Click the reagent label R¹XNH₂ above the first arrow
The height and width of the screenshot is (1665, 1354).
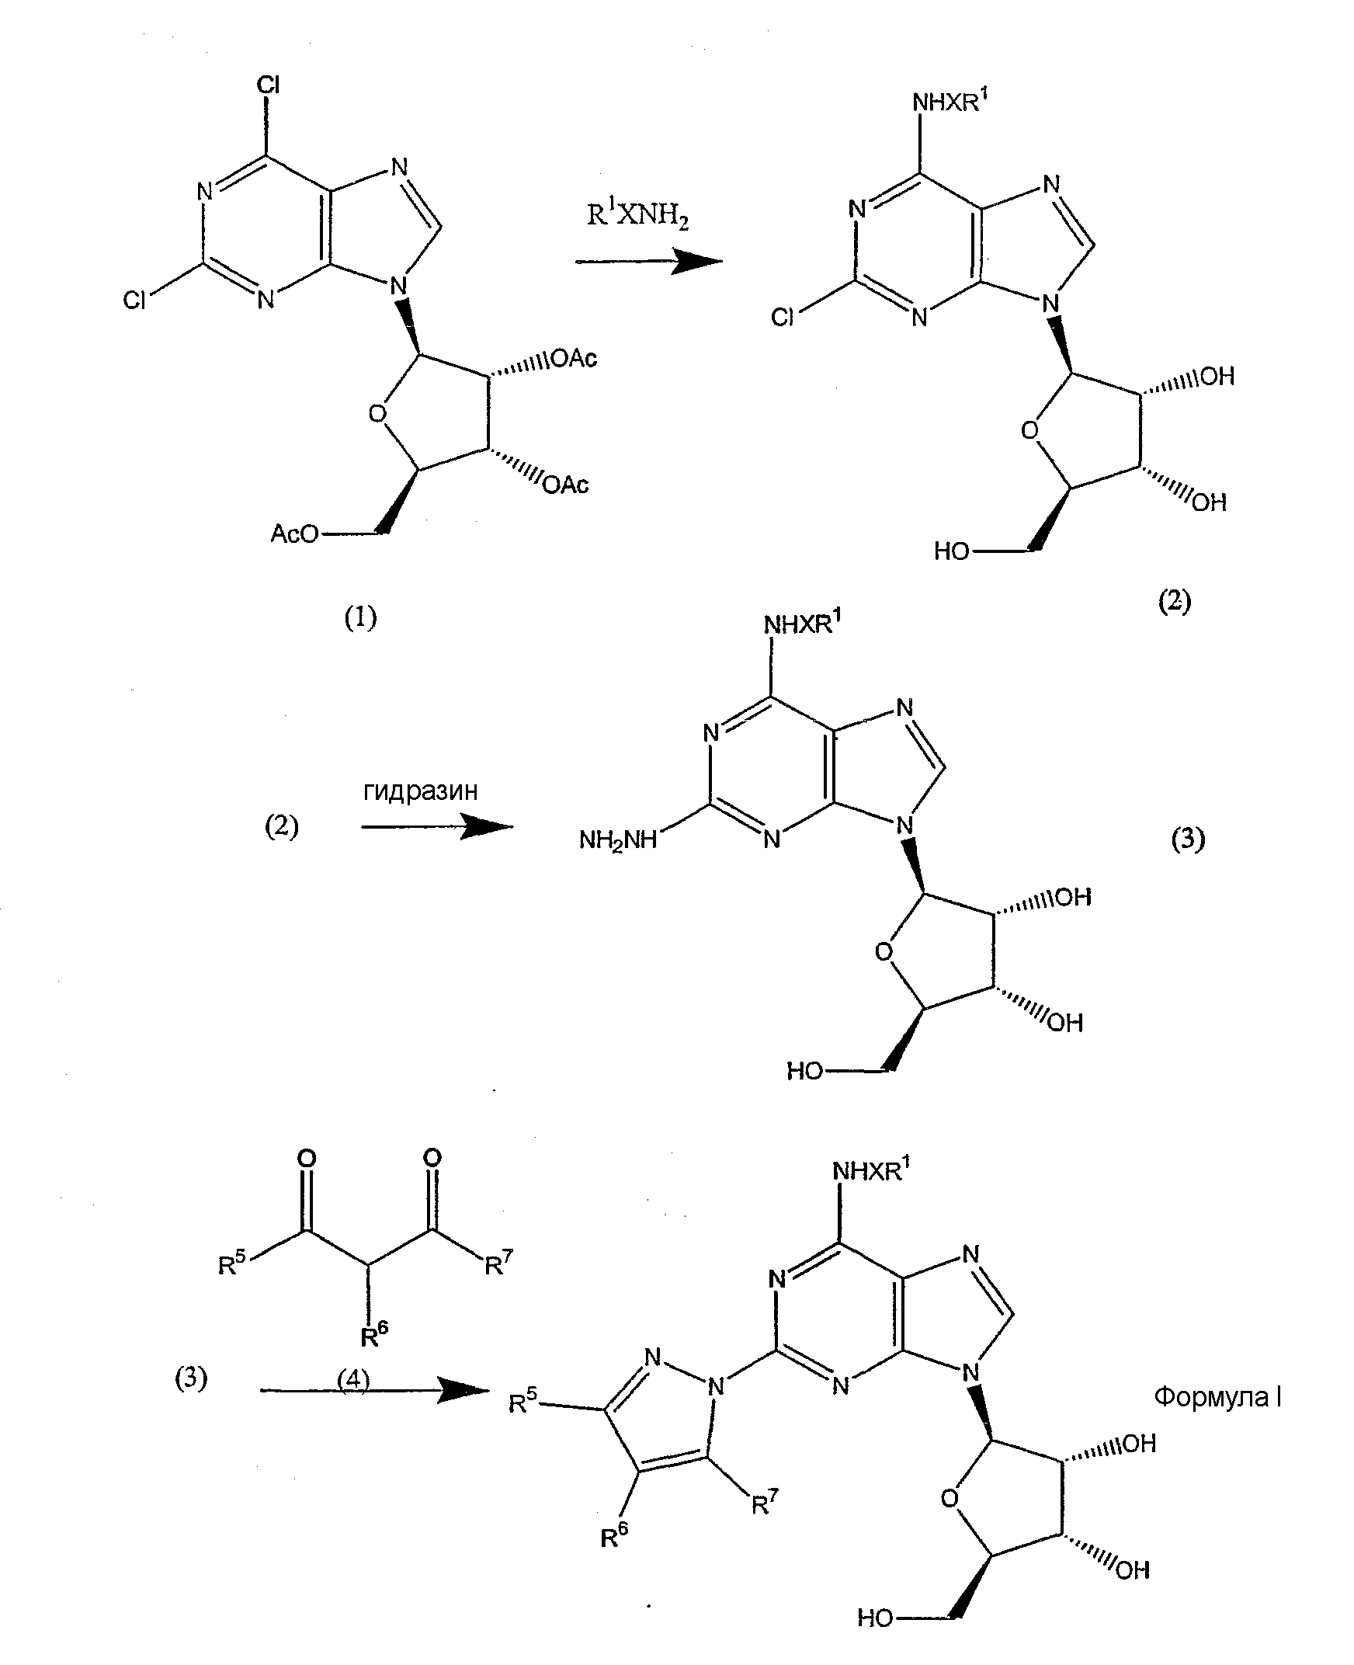pos(637,214)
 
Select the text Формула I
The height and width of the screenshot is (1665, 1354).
pos(1217,1396)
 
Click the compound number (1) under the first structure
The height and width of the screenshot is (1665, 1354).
pos(360,618)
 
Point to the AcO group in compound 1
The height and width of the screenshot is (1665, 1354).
pos(295,534)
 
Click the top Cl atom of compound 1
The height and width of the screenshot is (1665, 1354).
pos(269,85)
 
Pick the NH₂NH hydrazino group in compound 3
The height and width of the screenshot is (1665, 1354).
pos(618,840)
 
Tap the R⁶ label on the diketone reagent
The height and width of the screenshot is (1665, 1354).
pos(374,1335)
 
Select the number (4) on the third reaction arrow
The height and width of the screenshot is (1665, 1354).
pos(352,1380)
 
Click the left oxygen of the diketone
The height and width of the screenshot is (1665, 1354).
pos(307,1159)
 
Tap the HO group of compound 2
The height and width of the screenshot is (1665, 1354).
pos(952,551)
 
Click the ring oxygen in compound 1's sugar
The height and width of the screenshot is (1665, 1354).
pos(377,413)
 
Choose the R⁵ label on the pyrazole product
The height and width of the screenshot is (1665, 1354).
pos(523,1402)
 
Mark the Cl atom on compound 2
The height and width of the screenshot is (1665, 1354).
pos(783,317)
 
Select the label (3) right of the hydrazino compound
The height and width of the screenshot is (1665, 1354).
pos(1188,839)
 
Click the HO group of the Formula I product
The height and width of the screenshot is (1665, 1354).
pos(875,1618)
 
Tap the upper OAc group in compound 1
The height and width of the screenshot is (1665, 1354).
pos(573,358)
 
